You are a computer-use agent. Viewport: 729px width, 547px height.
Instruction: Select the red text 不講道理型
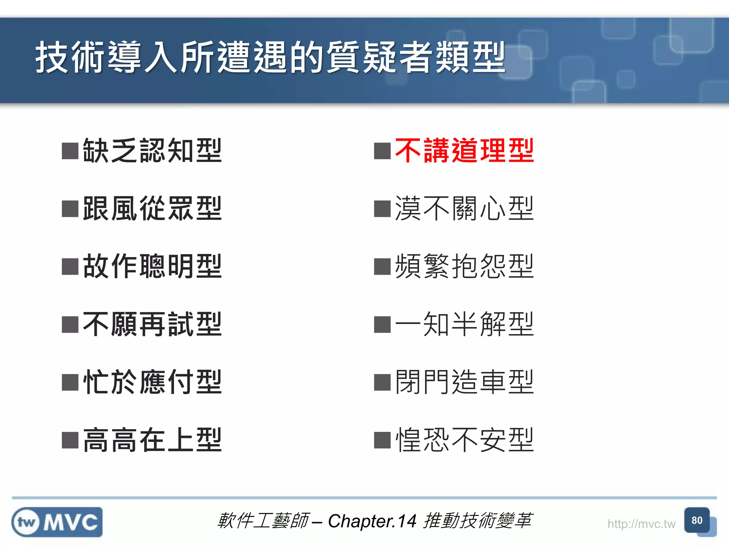464,151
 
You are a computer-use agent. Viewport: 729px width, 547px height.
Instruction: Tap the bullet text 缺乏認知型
152,151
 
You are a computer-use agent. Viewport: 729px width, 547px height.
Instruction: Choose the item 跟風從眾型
152,209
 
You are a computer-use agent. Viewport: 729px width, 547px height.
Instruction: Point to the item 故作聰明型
152,266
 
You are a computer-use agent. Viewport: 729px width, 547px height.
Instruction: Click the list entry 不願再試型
152,324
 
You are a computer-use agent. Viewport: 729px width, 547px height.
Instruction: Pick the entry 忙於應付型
152,382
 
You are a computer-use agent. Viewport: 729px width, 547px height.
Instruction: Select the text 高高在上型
152,440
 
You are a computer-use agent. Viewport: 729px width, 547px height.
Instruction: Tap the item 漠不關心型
464,209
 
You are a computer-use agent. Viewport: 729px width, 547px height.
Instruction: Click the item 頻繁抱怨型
464,266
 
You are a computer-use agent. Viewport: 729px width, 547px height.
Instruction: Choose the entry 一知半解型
464,324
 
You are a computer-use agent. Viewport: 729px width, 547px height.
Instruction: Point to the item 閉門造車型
464,382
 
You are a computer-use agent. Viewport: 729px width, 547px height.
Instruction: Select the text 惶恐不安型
464,440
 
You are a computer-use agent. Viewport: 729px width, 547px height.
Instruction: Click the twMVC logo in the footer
57,522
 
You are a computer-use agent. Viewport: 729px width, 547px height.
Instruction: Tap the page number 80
697,521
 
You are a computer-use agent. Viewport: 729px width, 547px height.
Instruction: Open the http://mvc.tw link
641,524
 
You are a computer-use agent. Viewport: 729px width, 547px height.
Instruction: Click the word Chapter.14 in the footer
372,521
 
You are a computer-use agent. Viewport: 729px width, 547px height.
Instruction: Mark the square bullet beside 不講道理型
382,151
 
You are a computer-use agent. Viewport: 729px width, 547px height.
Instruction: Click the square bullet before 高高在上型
70,440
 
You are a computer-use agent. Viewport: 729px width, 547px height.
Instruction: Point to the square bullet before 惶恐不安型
382,440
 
